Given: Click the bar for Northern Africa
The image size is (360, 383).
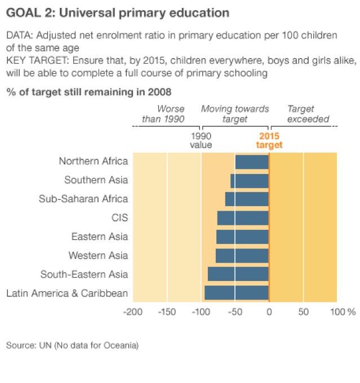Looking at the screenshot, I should point(252,162).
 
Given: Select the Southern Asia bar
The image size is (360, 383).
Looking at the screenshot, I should point(250,181).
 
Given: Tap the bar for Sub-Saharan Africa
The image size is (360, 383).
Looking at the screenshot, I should point(247,199).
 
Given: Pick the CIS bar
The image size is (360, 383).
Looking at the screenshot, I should point(243,218).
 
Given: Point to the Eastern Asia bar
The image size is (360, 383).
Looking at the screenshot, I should point(242,237).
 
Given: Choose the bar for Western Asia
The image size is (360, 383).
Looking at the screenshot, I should point(242,256).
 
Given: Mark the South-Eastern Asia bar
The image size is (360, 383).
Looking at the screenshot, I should point(238,274).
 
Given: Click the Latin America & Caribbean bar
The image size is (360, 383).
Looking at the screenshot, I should point(237,293).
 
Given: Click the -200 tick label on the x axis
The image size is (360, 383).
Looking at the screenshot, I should point(133,311).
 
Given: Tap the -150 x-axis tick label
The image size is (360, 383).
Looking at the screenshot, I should point(167,311).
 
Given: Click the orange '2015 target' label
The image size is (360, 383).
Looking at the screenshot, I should point(269,140).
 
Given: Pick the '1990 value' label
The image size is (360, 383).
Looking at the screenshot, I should point(201,140).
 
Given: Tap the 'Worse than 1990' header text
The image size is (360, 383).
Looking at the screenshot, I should point(163,114).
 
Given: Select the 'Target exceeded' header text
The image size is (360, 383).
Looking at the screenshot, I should point(308,114).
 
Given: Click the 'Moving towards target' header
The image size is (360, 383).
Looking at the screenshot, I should point(235,114).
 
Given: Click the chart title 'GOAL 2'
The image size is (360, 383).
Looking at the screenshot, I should point(117,12).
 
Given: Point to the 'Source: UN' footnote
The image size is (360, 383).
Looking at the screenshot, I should point(72,345).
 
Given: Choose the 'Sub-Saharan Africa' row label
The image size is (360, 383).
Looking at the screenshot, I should point(83,199).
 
